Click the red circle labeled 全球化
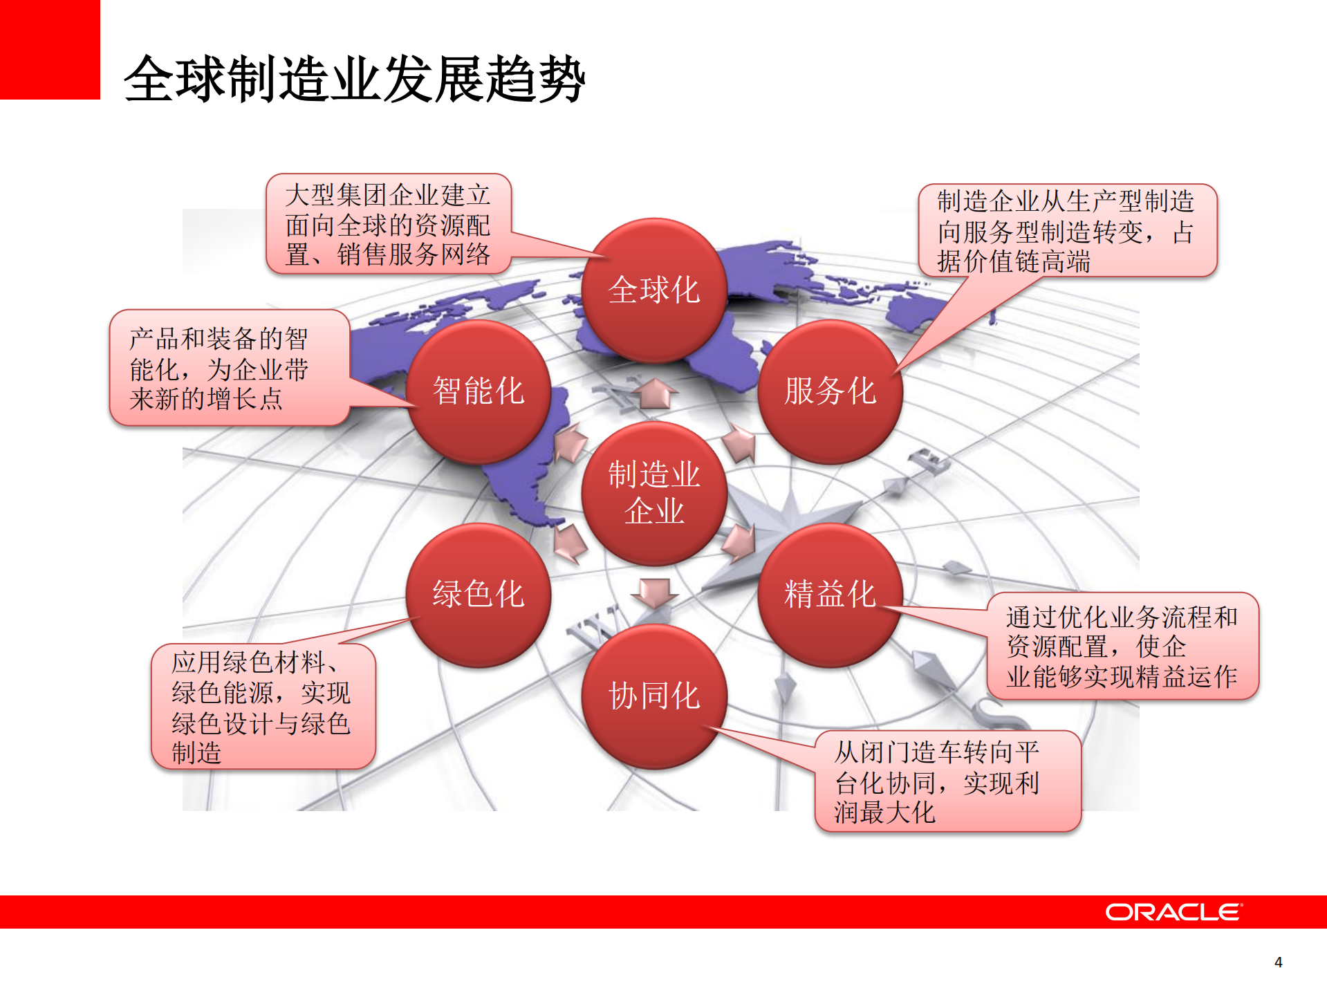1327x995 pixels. click(x=653, y=290)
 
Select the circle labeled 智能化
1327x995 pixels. click(x=478, y=391)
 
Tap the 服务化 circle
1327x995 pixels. click(x=830, y=391)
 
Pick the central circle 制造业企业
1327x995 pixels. click(x=653, y=493)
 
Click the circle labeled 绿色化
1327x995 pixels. click(x=478, y=595)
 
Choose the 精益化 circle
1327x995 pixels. click(x=830, y=595)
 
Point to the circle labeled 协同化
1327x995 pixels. click(x=653, y=696)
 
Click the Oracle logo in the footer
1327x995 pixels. click(x=1173, y=912)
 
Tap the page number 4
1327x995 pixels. click(x=1278, y=963)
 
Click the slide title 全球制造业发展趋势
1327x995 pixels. click(x=354, y=80)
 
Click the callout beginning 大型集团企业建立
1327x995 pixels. click(x=388, y=225)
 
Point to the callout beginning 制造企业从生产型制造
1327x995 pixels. click(x=1066, y=231)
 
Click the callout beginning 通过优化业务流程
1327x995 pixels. click(x=1122, y=646)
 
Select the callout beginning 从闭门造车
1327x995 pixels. click(x=947, y=781)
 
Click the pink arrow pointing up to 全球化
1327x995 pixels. click(x=653, y=394)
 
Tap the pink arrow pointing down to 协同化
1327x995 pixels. click(x=653, y=592)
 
